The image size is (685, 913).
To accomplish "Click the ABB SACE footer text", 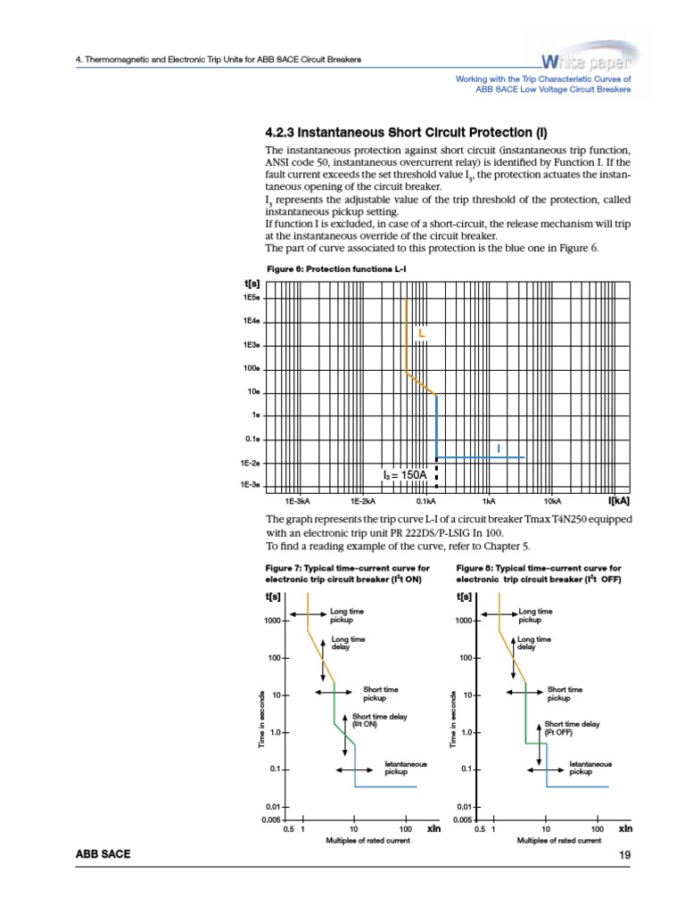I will (103, 855).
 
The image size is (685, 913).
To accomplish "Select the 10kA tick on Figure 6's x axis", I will (551, 501).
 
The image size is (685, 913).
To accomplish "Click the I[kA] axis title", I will (618, 500).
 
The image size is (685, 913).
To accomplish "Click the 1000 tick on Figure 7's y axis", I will (272, 621).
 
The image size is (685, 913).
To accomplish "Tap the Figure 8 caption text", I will (539, 573).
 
